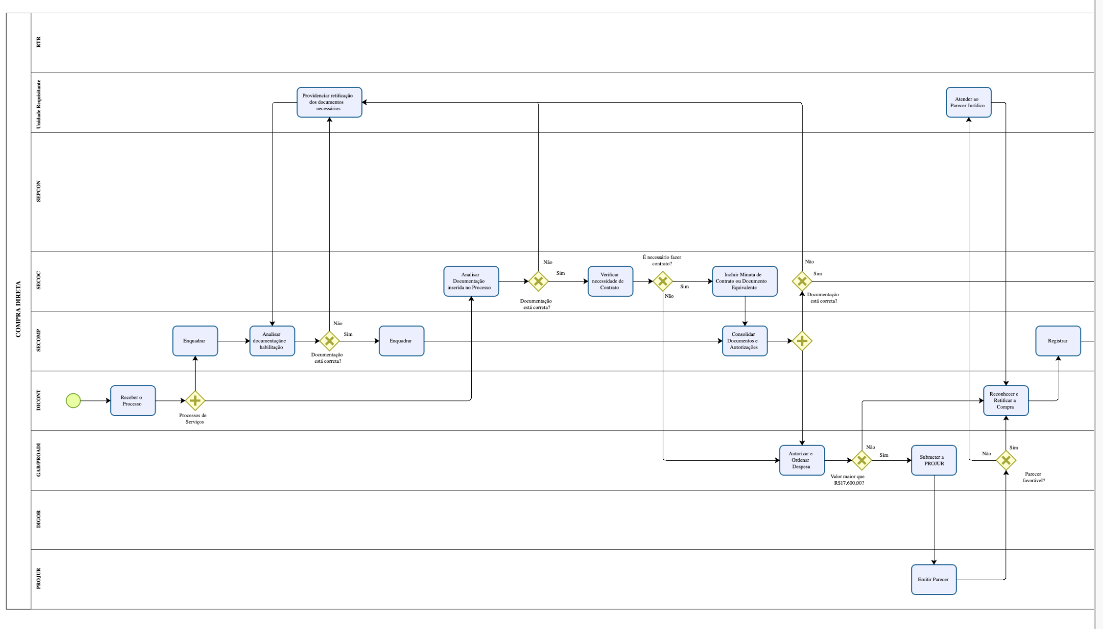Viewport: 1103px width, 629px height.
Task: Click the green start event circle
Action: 73,400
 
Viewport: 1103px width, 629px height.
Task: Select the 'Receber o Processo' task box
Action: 133,400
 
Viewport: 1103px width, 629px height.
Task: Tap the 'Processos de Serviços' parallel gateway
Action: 195,400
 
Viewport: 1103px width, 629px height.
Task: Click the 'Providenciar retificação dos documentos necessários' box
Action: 329,102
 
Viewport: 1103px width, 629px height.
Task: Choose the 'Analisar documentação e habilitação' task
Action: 272,341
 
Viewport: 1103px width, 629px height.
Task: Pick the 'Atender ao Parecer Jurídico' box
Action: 968,102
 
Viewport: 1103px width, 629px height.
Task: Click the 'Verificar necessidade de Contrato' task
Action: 610,281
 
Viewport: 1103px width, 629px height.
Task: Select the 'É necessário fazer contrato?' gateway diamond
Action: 662,281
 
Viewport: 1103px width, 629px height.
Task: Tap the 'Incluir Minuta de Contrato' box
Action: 744,281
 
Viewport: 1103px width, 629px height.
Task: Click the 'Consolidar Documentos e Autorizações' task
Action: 744,341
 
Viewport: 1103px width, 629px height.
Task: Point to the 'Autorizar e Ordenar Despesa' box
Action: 802,460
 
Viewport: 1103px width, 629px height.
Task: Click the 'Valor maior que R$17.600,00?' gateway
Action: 862,460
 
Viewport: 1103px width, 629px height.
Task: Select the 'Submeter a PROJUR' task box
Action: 933,460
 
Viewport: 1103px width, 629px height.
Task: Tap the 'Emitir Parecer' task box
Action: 933,579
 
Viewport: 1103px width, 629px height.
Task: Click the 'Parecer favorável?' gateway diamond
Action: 1005,460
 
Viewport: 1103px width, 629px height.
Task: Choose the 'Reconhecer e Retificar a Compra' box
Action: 1005,400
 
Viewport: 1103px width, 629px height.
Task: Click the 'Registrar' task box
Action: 1058,341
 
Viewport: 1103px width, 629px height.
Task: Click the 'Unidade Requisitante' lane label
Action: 39,104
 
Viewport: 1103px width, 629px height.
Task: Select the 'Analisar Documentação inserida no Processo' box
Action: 471,281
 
